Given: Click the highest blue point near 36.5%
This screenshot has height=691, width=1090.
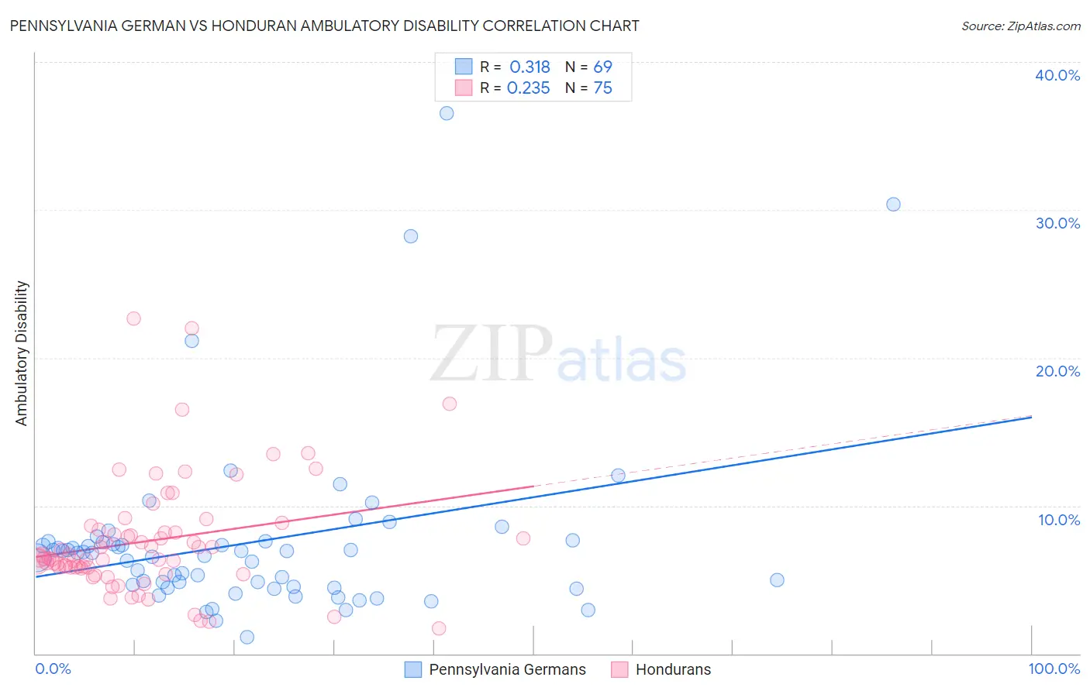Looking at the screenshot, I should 447,113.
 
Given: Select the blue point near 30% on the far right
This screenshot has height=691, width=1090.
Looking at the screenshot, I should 893,205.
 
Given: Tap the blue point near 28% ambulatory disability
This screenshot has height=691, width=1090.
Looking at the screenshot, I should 411,236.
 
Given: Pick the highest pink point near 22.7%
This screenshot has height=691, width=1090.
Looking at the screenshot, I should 133,318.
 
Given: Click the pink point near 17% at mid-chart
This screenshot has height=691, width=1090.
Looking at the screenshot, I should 450,404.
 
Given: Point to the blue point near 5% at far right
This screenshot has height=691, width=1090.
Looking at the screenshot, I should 777,580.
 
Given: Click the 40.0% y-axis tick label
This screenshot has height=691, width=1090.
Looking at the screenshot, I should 1057,75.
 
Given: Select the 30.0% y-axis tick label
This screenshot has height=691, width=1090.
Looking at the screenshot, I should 1057,223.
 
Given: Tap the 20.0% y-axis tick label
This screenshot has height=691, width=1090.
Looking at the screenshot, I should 1057,371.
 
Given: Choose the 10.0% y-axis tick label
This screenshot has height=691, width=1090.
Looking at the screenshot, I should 1059,520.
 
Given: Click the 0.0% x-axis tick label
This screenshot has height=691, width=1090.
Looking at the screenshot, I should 53,669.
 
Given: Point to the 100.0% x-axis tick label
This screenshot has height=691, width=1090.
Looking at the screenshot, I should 1054,669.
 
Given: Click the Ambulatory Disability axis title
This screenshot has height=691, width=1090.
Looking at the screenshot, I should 22,352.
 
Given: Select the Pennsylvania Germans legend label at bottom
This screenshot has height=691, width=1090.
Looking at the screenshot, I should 507,669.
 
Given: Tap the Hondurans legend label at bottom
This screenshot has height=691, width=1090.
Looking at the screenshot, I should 673,669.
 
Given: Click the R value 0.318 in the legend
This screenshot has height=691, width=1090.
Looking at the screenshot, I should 529,67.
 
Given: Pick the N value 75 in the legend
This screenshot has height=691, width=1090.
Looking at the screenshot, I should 602,88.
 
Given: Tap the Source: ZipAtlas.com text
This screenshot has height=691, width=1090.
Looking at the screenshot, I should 1020,26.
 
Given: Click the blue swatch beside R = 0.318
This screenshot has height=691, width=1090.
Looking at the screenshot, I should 464,67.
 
